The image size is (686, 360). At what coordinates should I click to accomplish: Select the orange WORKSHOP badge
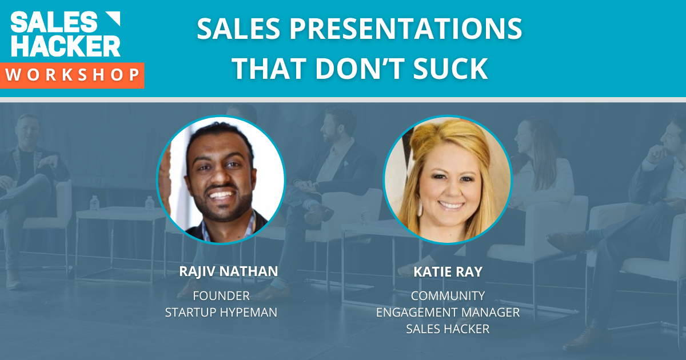point(72,75)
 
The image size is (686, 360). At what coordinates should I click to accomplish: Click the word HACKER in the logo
point(65,46)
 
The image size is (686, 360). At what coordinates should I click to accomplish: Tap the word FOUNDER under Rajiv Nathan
point(221,296)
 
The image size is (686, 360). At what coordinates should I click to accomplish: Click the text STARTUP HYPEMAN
point(221,313)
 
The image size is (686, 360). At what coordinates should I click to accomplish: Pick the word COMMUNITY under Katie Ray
point(448,296)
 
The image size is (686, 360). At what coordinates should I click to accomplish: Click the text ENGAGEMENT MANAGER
point(448,313)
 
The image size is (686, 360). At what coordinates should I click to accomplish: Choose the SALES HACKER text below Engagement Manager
point(448,329)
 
